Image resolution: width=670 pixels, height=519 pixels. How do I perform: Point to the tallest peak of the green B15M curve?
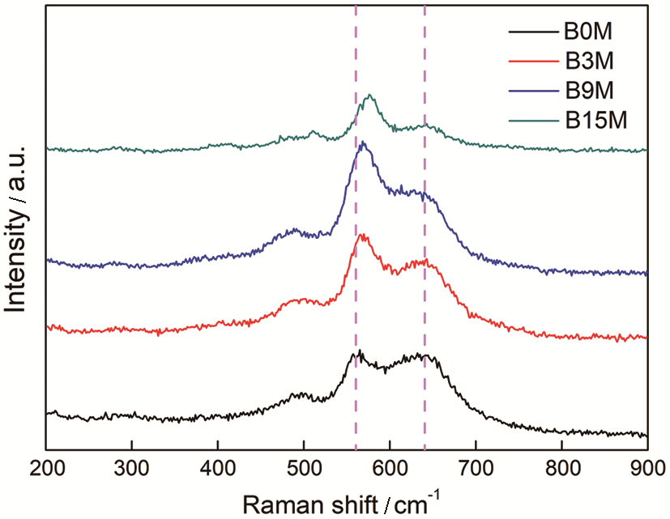370,96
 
